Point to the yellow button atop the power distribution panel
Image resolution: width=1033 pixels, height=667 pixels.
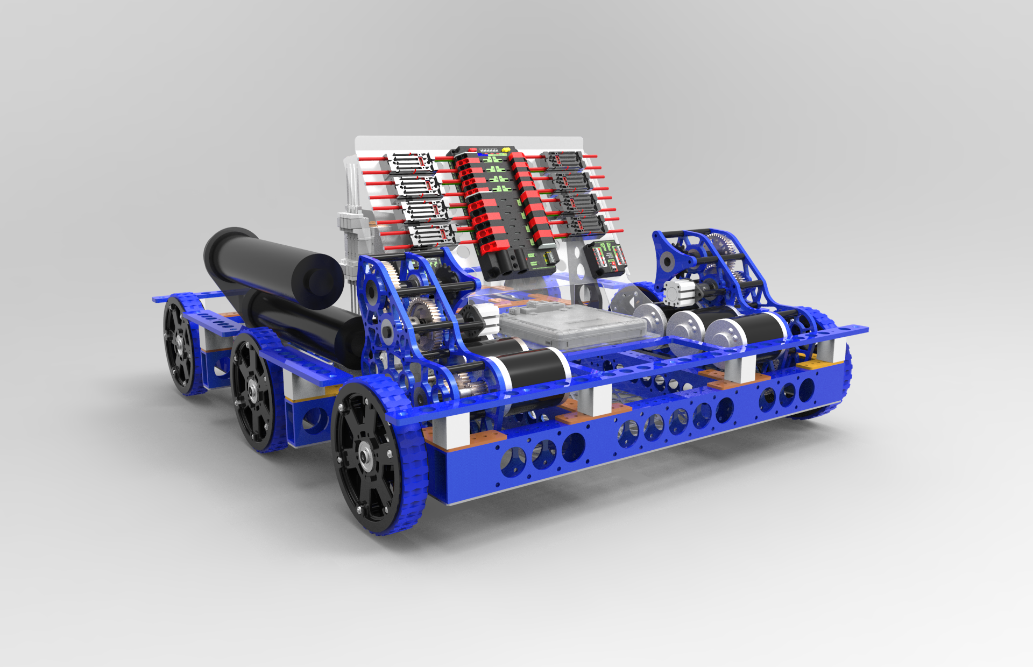(x=506, y=150)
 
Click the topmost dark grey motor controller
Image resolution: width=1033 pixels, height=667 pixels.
(x=563, y=159)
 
